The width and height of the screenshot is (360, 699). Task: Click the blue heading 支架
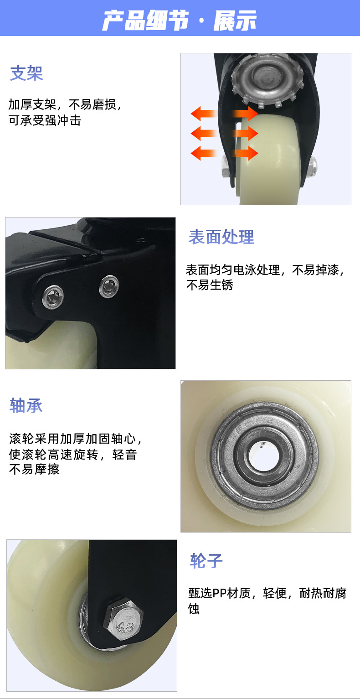coord(26,73)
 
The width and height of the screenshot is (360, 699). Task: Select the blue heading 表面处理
coord(221,237)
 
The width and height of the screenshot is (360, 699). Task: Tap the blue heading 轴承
coord(26,405)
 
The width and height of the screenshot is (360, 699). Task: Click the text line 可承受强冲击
coord(45,120)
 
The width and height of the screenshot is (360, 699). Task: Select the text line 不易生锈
coord(210,285)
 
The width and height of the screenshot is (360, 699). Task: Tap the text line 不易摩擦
coord(34,469)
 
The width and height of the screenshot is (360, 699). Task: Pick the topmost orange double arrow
coord(224,113)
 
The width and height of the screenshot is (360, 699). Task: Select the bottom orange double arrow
coord(224,153)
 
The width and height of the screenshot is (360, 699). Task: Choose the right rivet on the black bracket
coord(109,286)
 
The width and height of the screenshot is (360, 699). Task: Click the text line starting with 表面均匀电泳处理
coord(265,270)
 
